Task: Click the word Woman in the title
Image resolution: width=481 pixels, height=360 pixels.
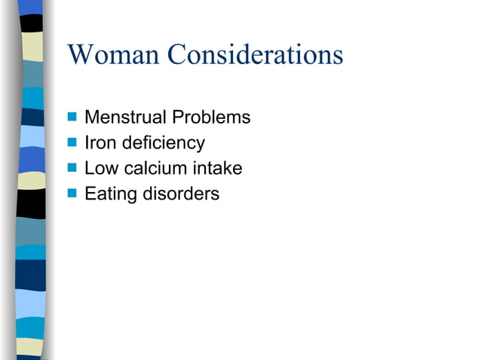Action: tap(113, 55)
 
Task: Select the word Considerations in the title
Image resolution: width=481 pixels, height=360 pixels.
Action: tap(255, 55)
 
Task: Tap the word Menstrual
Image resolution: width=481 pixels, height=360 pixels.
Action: tap(126, 117)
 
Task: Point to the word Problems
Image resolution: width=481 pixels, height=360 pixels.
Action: tap(213, 117)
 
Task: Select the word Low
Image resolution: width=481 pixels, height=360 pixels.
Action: tap(100, 169)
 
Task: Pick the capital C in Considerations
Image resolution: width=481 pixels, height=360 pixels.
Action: tap(177, 55)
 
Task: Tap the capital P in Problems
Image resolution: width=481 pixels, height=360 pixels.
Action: tap(181, 117)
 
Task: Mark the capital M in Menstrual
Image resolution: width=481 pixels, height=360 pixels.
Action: tap(91, 117)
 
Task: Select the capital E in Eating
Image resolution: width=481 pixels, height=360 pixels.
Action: tap(90, 194)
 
